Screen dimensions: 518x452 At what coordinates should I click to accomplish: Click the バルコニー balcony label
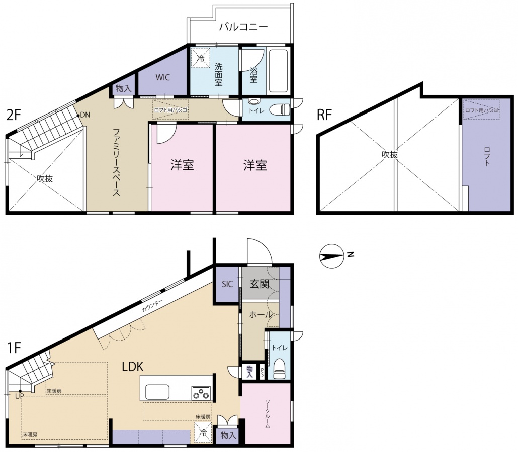click(x=243, y=27)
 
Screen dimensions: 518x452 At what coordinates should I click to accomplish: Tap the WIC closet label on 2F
click(x=163, y=77)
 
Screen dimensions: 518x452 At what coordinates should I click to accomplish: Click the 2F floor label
click(x=14, y=116)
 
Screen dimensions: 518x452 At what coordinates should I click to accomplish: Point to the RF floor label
click(x=324, y=115)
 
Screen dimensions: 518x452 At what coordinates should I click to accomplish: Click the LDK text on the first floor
click(x=133, y=367)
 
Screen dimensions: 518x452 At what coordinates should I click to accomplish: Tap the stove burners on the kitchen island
click(x=201, y=393)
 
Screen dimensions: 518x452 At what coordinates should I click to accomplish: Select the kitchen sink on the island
click(x=157, y=392)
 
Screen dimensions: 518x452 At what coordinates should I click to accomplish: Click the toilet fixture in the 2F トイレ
click(x=280, y=109)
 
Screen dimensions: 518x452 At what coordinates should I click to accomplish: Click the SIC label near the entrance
click(x=227, y=284)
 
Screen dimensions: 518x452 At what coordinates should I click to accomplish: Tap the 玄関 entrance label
click(x=260, y=284)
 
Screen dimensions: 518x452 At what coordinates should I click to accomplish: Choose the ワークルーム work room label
click(x=268, y=414)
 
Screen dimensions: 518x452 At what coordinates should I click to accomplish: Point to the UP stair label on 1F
click(x=19, y=396)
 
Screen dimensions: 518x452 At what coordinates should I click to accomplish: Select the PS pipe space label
click(x=263, y=373)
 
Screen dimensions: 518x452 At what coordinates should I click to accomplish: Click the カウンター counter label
click(x=152, y=306)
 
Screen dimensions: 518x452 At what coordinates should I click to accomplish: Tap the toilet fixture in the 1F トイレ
click(x=280, y=368)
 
